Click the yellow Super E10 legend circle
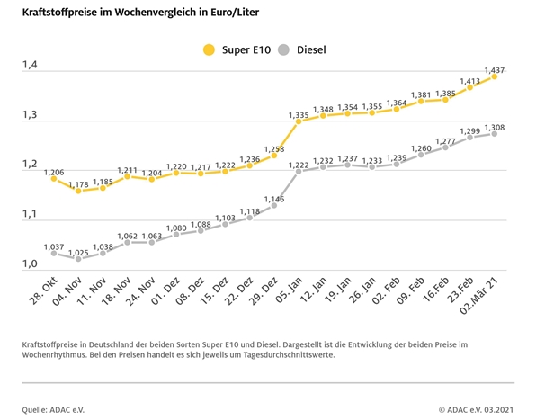(209, 49)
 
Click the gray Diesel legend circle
(283, 49)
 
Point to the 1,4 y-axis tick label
(30, 64)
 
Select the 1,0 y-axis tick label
(30, 264)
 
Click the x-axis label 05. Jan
(289, 290)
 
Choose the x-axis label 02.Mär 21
(478, 295)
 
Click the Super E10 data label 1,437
(495, 70)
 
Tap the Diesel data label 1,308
(495, 128)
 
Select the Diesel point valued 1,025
(78, 259)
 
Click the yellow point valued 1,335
(299, 121)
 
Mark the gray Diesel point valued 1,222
(299, 171)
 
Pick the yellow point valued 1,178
(78, 191)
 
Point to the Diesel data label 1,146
(274, 199)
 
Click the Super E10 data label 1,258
(274, 149)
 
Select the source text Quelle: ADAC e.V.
(53, 410)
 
